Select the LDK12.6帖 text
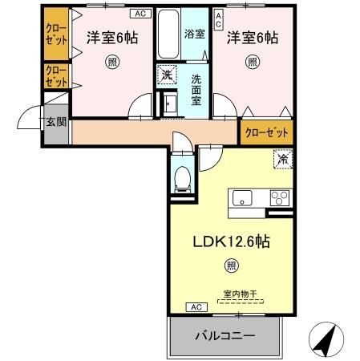[230, 241]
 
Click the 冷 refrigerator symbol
[282, 160]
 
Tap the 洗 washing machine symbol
[166, 74]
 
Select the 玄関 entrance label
[55, 122]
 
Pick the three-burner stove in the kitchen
[280, 197]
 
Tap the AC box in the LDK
[196, 307]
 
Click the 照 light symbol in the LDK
[231, 265]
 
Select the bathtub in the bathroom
[168, 34]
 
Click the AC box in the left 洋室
[140, 14]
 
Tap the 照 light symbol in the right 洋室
[252, 61]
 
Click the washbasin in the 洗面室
[170, 103]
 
